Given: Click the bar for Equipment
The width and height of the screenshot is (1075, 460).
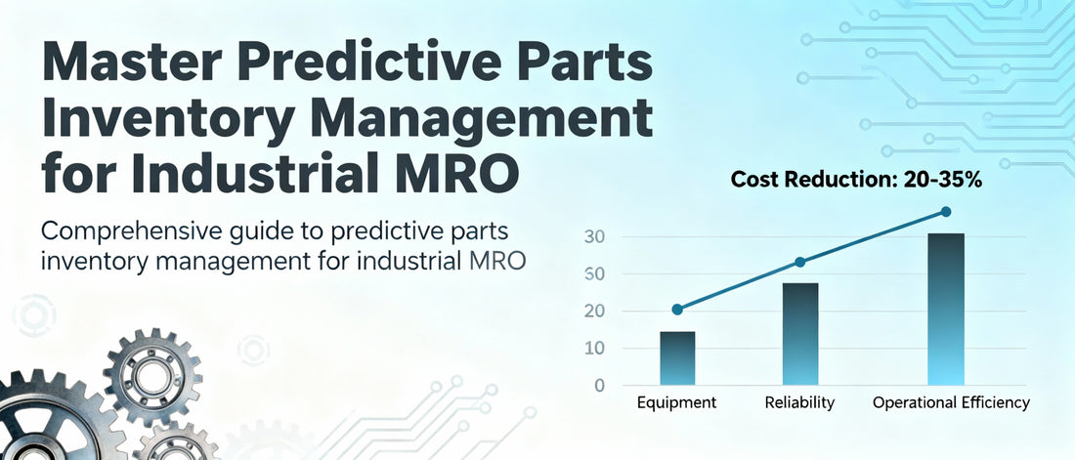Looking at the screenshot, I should point(677,358).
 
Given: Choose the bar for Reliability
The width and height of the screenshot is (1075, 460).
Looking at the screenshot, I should point(800,334).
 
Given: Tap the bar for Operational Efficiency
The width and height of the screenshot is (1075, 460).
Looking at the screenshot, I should point(946,309).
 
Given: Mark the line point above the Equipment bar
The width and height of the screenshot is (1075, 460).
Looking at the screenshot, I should point(677,310).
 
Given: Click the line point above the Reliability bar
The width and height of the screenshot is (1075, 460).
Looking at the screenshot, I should point(800,262).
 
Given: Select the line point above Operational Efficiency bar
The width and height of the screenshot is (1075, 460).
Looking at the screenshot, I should point(946,212).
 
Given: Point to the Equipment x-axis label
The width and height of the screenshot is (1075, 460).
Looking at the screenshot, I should point(677,402).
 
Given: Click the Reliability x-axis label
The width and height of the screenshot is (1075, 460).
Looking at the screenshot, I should point(800,402).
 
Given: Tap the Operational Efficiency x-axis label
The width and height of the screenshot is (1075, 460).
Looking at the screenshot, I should point(950,402).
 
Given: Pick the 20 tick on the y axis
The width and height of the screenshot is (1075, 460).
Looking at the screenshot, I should point(594,312).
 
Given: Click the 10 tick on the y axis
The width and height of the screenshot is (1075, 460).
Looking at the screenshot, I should point(594,349).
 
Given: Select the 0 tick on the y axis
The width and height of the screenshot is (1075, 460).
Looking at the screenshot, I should point(598,385).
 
